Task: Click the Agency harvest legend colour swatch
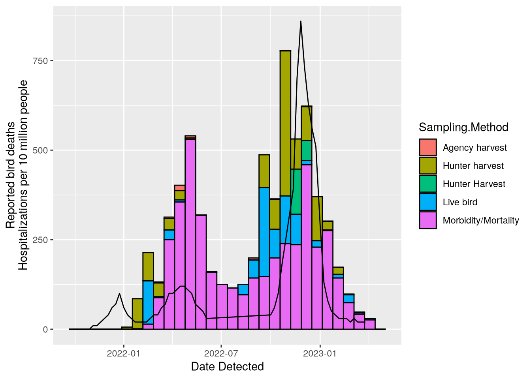pyautogui.click(x=428, y=147)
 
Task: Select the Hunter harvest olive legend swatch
pyautogui.click(x=428, y=165)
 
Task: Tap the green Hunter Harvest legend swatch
pyautogui.click(x=428, y=184)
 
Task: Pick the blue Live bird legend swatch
pyautogui.click(x=428, y=202)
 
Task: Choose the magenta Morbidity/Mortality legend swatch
pyautogui.click(x=428, y=220)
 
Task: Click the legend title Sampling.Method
pyautogui.click(x=463, y=127)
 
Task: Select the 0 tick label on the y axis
pyautogui.click(x=45, y=330)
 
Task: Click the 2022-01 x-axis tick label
pyautogui.click(x=124, y=353)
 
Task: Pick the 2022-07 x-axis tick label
pyautogui.click(x=221, y=353)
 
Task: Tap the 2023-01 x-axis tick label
pyautogui.click(x=320, y=353)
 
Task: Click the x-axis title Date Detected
pyautogui.click(x=227, y=367)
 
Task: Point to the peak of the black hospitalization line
pyautogui.click(x=301, y=21)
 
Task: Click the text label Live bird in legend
pyautogui.click(x=460, y=202)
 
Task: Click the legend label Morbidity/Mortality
pyautogui.click(x=480, y=220)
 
